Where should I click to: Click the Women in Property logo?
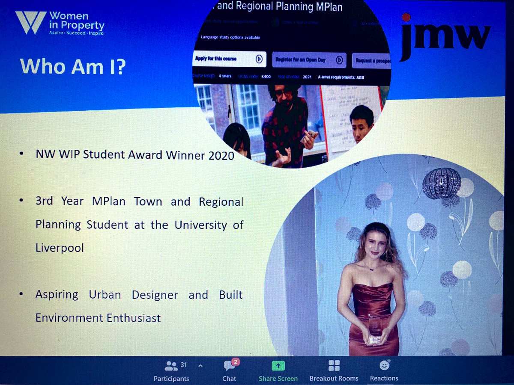[x=60, y=23]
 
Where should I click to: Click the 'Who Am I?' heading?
[x=72, y=67]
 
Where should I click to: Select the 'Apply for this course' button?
[x=230, y=59]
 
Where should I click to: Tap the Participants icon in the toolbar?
[x=171, y=366]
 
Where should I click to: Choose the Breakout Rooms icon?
[x=334, y=366]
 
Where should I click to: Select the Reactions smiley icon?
[x=384, y=365]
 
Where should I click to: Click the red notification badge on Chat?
[x=235, y=362]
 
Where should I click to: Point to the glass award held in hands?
[x=375, y=328]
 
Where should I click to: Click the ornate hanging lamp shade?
[x=442, y=183]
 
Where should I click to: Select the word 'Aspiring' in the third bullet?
[x=57, y=295]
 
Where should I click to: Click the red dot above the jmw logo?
[x=406, y=17]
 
